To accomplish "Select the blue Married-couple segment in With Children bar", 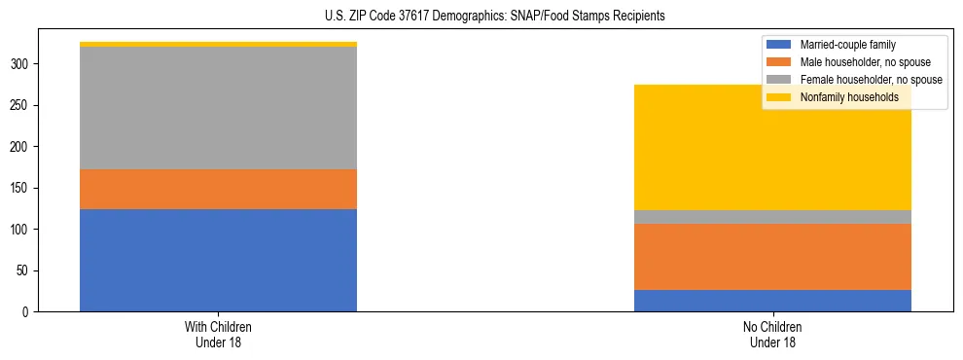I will pos(218,260).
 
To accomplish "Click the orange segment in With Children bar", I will pos(218,189).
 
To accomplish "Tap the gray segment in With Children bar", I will pos(218,108).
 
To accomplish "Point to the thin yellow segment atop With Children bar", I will pos(218,44).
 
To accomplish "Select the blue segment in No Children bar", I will pos(772,301).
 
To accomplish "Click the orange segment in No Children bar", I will pos(772,257).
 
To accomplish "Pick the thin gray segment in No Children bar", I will pos(772,217).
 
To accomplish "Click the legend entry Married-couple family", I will pos(854,45).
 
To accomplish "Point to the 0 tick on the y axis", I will pos(27,312).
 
